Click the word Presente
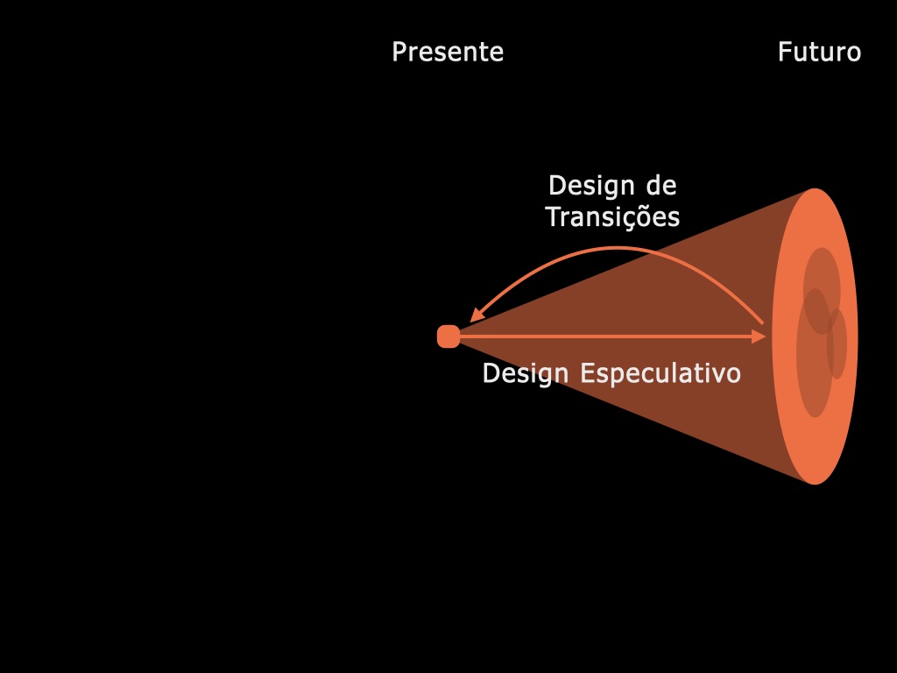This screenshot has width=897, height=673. click(448, 52)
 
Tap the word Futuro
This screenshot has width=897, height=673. click(819, 52)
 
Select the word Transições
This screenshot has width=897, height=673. click(612, 217)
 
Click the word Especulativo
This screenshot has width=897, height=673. click(660, 373)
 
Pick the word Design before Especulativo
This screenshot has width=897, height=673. click(526, 373)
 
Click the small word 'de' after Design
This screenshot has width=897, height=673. click(661, 186)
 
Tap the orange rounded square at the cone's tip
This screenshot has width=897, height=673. click(448, 336)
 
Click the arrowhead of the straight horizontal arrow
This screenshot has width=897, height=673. click(759, 336)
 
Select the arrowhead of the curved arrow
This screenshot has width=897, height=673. click(477, 315)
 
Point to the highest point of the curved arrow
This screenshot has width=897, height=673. click(617, 249)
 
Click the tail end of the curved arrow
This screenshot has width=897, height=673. click(762, 324)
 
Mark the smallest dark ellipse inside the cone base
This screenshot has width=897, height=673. click(837, 344)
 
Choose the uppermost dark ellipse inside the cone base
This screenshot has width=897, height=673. click(822, 291)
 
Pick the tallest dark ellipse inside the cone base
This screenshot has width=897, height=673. click(815, 353)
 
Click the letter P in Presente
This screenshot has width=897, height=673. click(399, 52)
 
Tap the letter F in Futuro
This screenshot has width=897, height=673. click(784, 52)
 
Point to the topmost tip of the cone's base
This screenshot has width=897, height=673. click(815, 188)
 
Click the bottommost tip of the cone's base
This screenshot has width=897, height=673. click(815, 484)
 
